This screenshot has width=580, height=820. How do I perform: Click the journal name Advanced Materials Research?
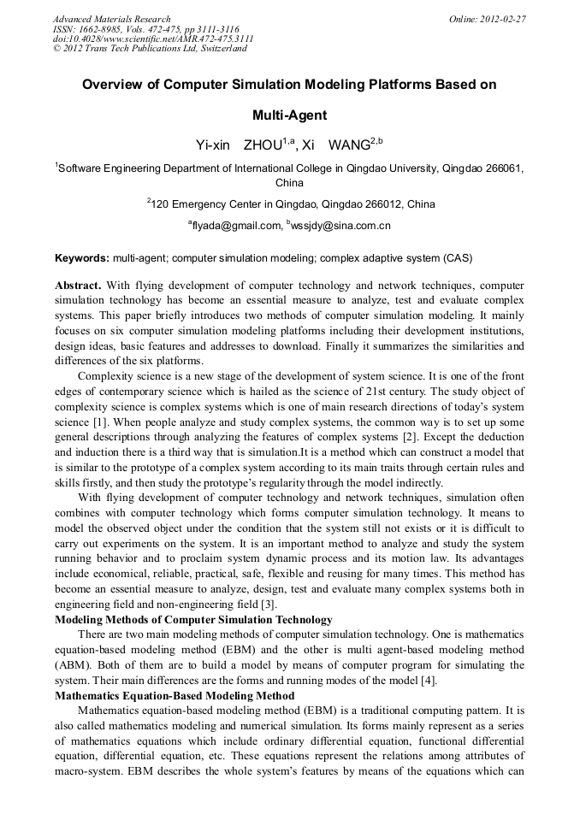[111, 19]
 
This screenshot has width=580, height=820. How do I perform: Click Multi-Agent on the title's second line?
[289, 115]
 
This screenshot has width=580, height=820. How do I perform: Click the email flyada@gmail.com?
[236, 227]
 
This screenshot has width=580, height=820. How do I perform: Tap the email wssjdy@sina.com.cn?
[341, 227]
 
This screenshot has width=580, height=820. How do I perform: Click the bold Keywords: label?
[82, 257]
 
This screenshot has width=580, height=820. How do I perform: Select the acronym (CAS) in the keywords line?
[457, 257]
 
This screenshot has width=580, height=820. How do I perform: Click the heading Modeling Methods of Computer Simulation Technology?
[193, 619]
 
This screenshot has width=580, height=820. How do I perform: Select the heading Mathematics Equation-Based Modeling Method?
[175, 696]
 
